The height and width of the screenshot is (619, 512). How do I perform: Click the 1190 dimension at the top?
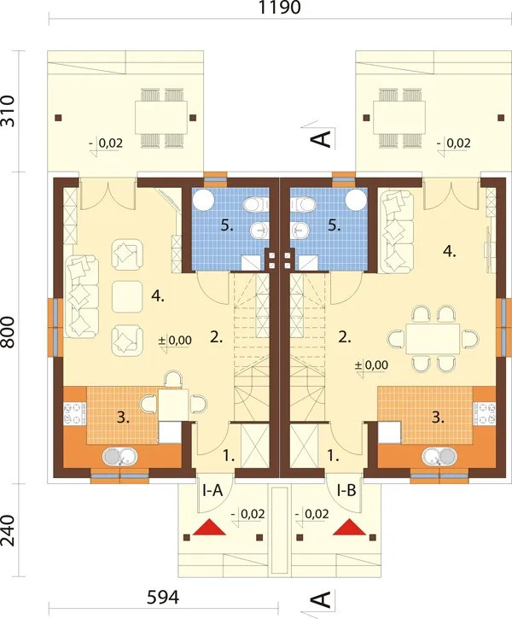[x=279, y=7]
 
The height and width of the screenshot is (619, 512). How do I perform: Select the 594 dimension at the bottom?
[x=163, y=598]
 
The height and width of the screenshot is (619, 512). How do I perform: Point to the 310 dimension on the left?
[x=8, y=111]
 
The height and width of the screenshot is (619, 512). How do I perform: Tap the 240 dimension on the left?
[x=8, y=530]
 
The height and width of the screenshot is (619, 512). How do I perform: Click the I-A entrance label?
[x=212, y=491]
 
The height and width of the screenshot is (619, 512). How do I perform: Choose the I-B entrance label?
[x=346, y=491]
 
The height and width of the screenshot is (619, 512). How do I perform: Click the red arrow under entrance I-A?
[x=209, y=528]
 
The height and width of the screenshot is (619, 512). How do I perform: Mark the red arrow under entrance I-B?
[x=350, y=528]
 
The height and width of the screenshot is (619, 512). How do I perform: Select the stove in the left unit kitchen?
[x=75, y=413]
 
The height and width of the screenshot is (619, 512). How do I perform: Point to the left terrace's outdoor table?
[x=161, y=118]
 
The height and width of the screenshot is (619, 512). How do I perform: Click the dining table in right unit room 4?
[x=433, y=339]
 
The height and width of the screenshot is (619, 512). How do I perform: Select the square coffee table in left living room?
[x=127, y=296]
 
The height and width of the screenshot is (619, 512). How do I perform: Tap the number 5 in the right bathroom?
[x=334, y=225]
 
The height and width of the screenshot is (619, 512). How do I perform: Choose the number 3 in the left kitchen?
[x=123, y=418]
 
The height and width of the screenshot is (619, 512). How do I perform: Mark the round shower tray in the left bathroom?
[x=204, y=199]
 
